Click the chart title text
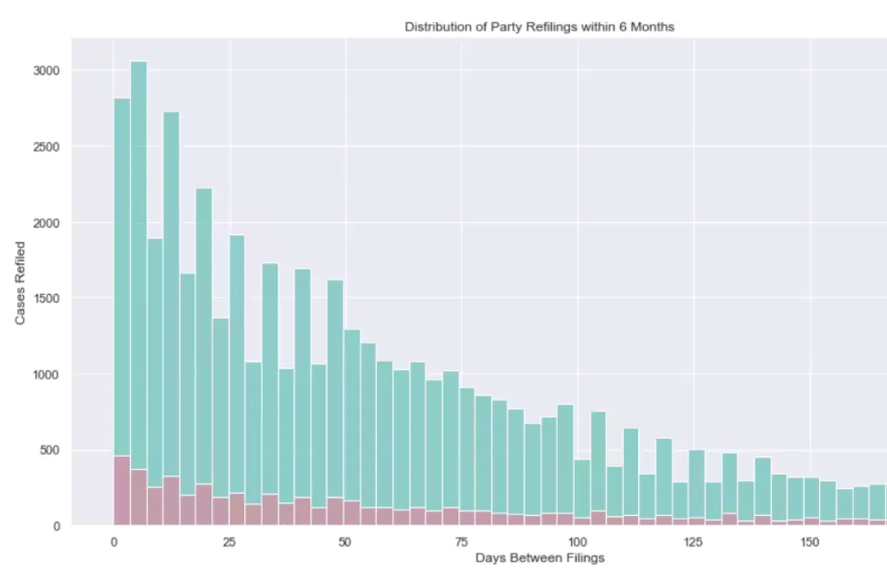pos(539,27)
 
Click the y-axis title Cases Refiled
pos(21,282)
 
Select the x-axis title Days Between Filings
pos(540,558)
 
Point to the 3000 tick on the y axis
pos(47,71)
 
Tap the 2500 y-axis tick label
pos(47,147)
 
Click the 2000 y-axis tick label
pos(47,223)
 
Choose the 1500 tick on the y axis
pos(47,298)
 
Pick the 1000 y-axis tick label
pos(47,375)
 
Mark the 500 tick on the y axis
pos(50,450)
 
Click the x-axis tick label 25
pos(230,542)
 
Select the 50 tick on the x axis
pos(346,542)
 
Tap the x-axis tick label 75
pos(462,542)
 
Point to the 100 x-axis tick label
pos(577,542)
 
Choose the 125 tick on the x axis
pos(694,542)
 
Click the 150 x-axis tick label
pos(810,542)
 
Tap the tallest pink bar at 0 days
pos(122,491)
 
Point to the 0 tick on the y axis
pos(57,526)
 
